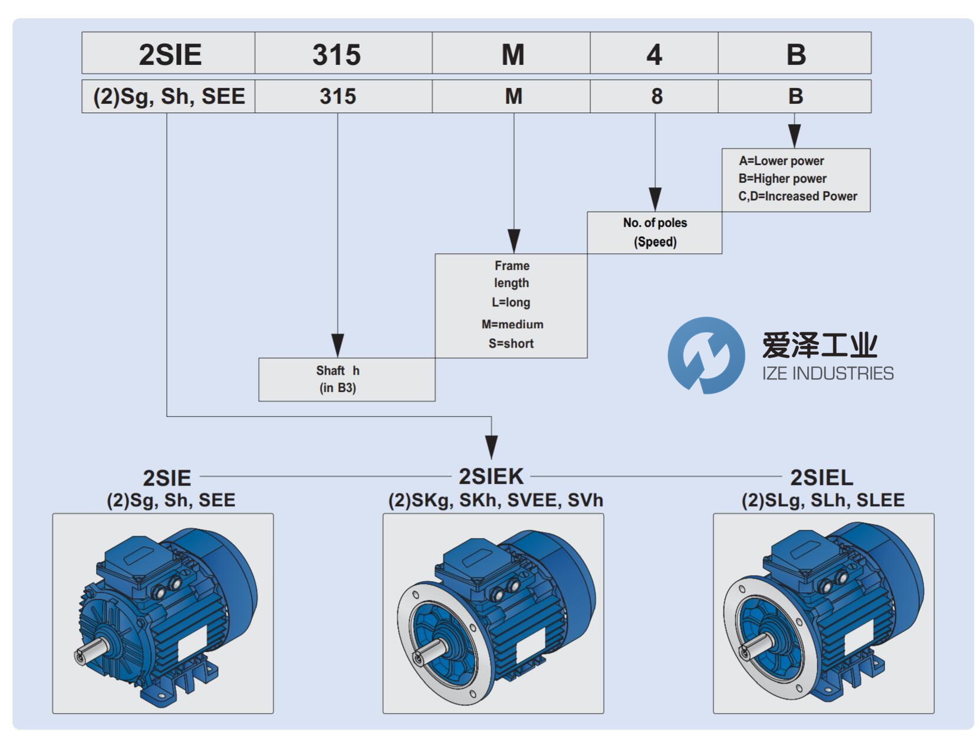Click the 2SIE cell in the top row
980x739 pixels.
(x=170, y=54)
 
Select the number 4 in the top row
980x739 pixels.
(x=654, y=54)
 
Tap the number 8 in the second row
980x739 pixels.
(x=656, y=96)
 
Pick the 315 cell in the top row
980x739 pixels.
(x=337, y=54)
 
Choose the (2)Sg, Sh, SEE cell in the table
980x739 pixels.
(x=169, y=96)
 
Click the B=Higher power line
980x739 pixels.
(x=782, y=179)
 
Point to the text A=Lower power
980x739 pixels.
(x=781, y=161)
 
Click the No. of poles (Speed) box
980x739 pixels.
(x=655, y=232)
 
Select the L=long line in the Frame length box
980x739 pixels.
(x=511, y=302)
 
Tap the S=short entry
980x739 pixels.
(x=511, y=344)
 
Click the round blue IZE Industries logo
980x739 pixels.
(x=706, y=355)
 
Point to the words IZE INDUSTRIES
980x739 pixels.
(x=828, y=373)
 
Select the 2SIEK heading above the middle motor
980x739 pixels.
(x=491, y=476)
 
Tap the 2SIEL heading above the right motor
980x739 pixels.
(x=821, y=477)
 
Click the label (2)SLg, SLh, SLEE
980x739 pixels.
(x=823, y=500)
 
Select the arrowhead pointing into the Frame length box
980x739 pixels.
(x=514, y=242)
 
